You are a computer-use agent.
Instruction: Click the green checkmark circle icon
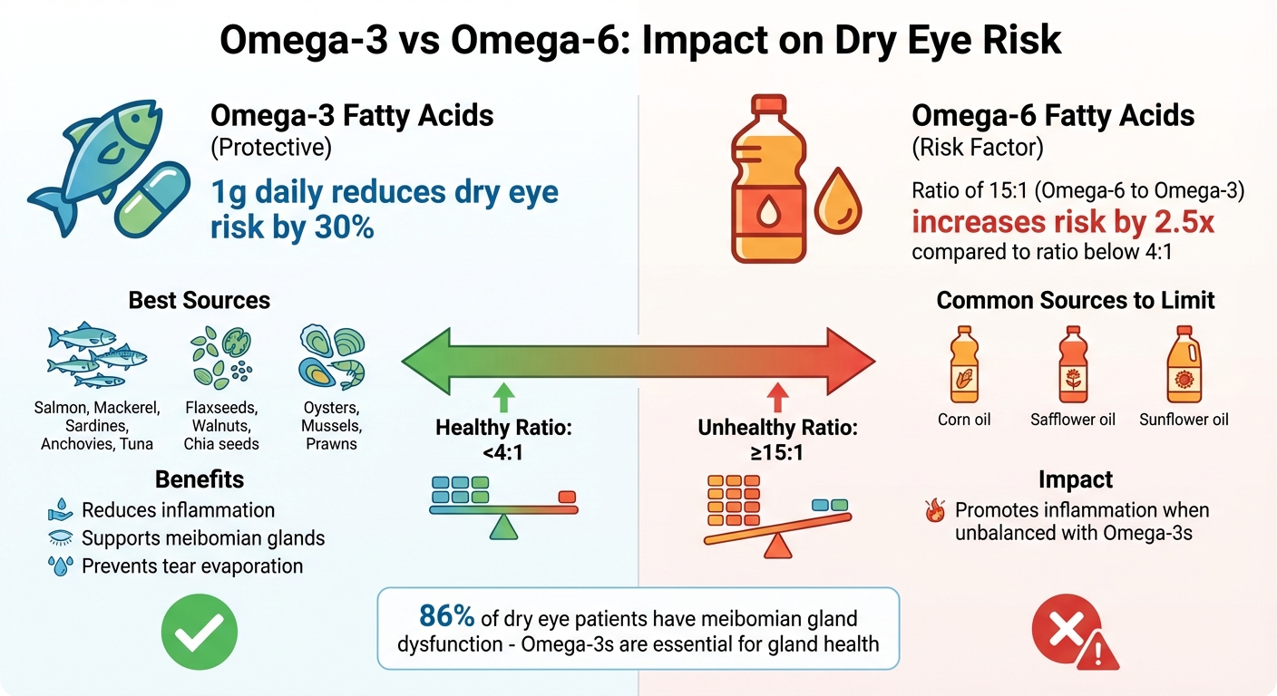click(x=199, y=632)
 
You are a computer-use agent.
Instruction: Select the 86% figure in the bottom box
click(x=446, y=617)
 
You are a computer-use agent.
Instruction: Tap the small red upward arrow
click(x=775, y=395)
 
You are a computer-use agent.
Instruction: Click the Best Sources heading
click(x=200, y=300)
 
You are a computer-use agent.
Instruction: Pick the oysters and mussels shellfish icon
click(x=331, y=358)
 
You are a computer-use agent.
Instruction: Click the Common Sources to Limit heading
click(x=1076, y=300)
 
